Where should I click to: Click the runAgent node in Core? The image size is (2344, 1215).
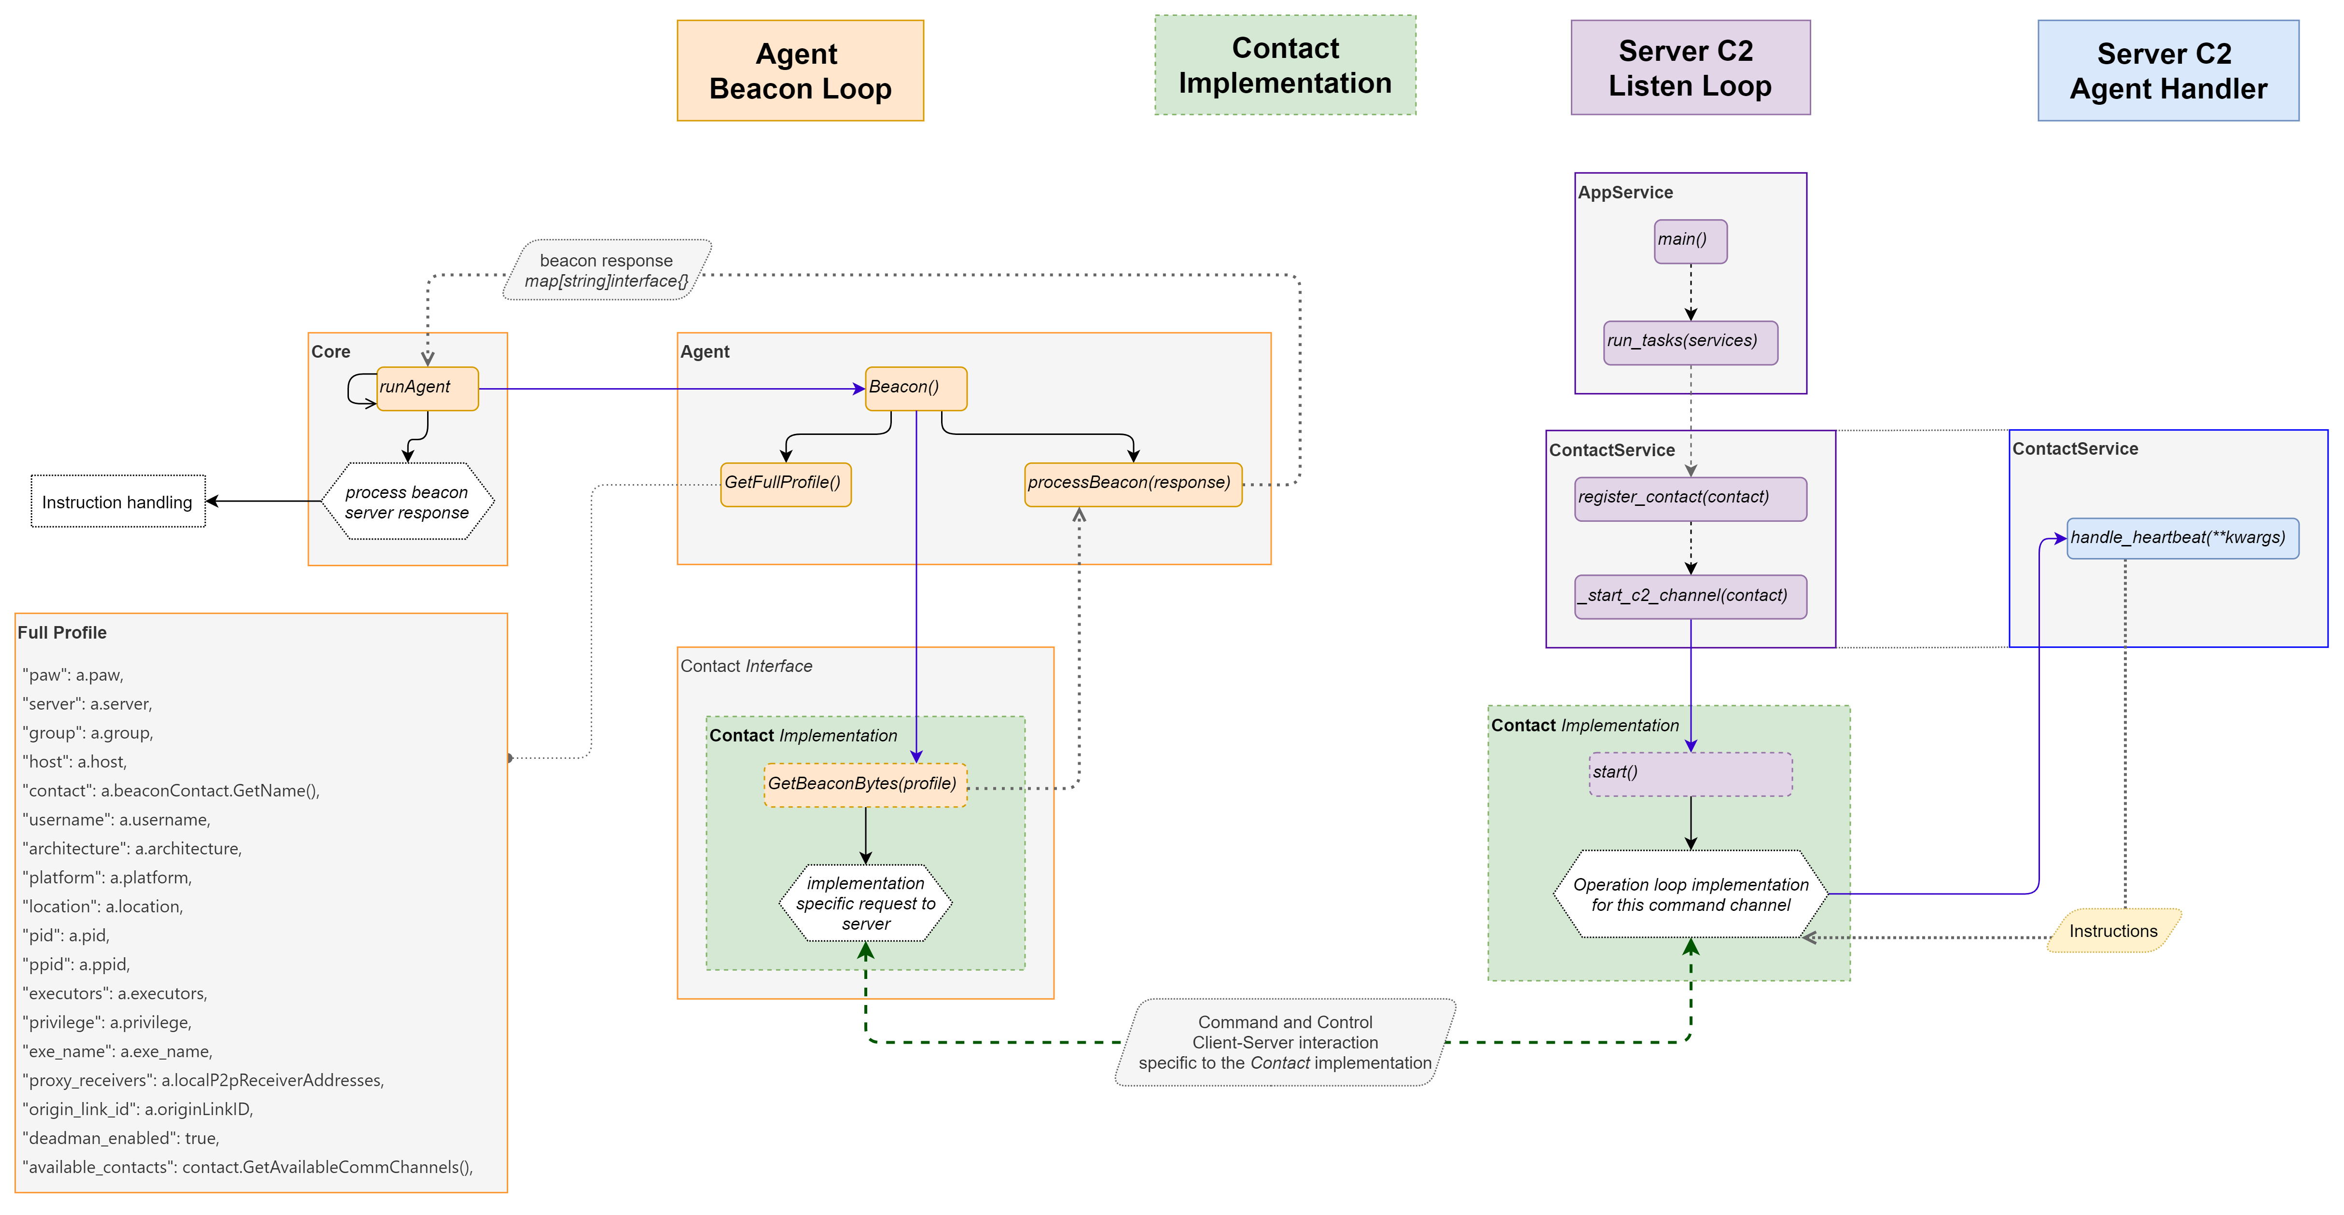(427, 389)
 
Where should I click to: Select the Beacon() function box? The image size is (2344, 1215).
(915, 389)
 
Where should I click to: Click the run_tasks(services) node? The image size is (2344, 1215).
(1690, 342)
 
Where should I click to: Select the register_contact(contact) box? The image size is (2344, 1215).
(1690, 499)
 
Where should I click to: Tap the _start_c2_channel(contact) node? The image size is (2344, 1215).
(1690, 597)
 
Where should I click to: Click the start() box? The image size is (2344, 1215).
(1690, 774)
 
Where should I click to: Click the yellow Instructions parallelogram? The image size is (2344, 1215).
(2113, 931)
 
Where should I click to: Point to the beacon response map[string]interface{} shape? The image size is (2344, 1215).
(607, 270)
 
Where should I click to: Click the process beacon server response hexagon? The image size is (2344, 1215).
(407, 502)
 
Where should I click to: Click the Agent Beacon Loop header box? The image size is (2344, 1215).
(800, 71)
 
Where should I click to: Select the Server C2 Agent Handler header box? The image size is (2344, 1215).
(2167, 71)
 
